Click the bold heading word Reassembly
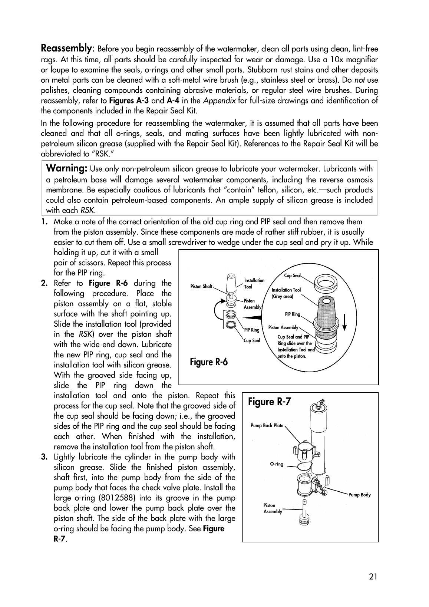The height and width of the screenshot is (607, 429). click(66, 49)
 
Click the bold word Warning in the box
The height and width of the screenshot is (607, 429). click(66, 168)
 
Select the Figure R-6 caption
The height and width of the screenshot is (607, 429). click(208, 362)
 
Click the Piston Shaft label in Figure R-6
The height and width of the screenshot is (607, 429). click(201, 286)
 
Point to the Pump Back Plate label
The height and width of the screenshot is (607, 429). click(267, 426)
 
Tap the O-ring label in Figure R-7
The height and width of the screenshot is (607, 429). click(277, 464)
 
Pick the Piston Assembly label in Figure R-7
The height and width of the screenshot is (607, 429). click(273, 508)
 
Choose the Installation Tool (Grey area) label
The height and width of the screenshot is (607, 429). click(286, 293)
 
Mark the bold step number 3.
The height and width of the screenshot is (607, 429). click(44, 457)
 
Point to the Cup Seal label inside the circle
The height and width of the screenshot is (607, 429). click(292, 276)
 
